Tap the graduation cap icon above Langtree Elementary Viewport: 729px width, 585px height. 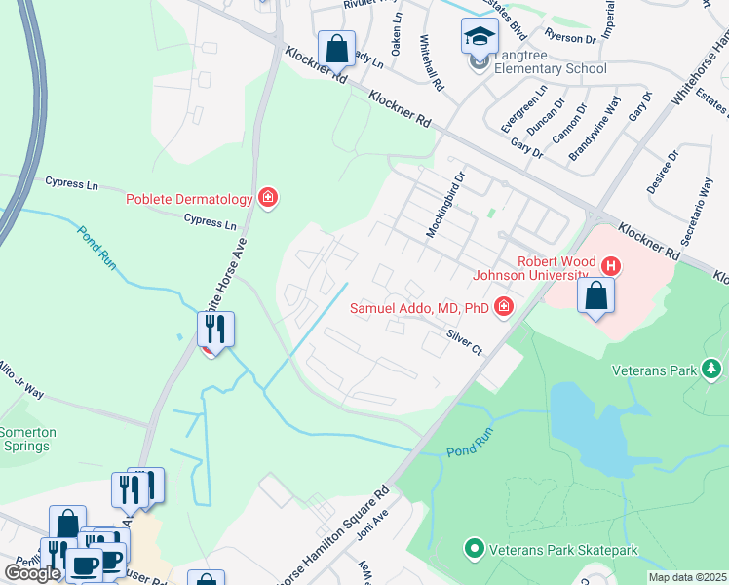(x=479, y=38)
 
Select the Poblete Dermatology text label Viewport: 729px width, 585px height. (x=189, y=199)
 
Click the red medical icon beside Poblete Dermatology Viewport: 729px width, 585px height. (x=268, y=199)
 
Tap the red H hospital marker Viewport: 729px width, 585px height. (x=611, y=265)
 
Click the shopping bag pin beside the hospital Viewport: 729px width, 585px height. (x=595, y=295)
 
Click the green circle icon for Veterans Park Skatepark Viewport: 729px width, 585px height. (x=475, y=549)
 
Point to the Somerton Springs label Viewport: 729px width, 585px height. (x=27, y=439)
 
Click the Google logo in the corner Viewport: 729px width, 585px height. (x=32, y=572)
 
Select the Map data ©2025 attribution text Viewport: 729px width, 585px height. (x=688, y=577)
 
